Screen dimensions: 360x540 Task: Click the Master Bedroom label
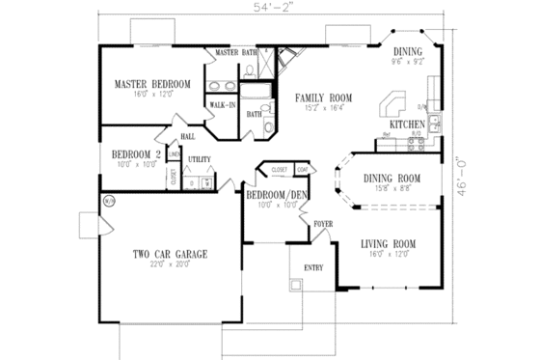point(151,84)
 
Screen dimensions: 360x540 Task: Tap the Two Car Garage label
point(171,254)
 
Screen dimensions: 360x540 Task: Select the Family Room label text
point(323,98)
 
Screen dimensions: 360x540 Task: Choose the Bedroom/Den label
point(276,195)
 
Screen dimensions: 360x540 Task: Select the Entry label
point(313,267)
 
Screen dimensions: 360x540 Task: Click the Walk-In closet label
point(225,103)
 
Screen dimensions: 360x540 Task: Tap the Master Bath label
point(235,51)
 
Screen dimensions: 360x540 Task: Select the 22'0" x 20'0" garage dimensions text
point(171,265)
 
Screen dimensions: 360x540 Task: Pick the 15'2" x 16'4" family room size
point(323,109)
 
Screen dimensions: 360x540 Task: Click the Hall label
point(186,137)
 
